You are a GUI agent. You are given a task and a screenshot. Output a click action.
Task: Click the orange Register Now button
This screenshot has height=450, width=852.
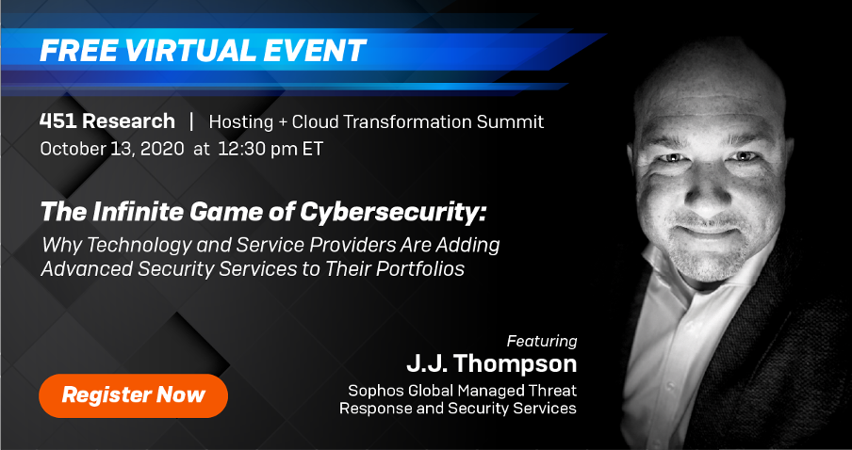133,395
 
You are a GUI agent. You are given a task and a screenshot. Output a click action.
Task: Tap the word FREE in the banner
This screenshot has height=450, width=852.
75,51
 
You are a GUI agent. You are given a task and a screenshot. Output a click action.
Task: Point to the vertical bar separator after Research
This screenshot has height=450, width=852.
191,121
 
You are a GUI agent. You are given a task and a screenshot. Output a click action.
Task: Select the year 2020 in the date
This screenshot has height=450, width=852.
161,149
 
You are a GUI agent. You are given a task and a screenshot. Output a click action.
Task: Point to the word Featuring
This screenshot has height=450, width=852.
542,342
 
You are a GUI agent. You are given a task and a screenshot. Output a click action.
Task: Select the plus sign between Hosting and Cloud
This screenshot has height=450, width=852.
283,122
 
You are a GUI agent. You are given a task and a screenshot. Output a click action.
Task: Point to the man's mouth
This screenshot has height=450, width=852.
705,228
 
